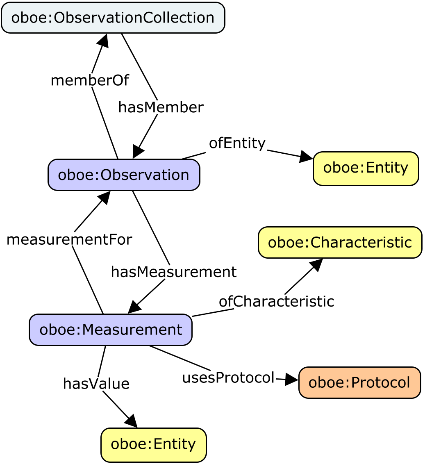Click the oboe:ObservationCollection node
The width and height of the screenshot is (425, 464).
[x=113, y=18]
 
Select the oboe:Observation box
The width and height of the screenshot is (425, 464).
[x=124, y=175]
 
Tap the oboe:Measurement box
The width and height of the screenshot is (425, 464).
[x=111, y=330]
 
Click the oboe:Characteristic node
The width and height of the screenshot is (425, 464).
[x=340, y=242]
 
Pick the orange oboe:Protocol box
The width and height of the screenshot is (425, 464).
[x=359, y=382]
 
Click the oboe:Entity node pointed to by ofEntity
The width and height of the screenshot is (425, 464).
[x=366, y=168]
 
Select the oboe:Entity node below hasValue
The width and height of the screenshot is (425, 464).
[x=153, y=445]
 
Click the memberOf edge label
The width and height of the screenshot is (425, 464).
[x=90, y=81]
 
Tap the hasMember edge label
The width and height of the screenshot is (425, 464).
[x=161, y=107]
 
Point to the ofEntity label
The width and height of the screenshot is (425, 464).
[x=237, y=143]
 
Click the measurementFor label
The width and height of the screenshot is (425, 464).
[x=69, y=239]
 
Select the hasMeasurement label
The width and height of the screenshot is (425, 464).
[x=174, y=272]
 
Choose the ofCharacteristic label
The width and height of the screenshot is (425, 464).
[x=276, y=301]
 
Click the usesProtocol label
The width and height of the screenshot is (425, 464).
[x=228, y=378]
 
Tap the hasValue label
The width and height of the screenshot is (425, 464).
[x=96, y=384]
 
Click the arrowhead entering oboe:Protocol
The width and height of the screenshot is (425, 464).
[x=292, y=380]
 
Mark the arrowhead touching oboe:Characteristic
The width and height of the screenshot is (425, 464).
[x=316, y=265]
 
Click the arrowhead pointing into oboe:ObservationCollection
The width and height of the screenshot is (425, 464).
[x=102, y=40]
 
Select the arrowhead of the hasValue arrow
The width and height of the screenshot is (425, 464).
[x=131, y=421]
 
